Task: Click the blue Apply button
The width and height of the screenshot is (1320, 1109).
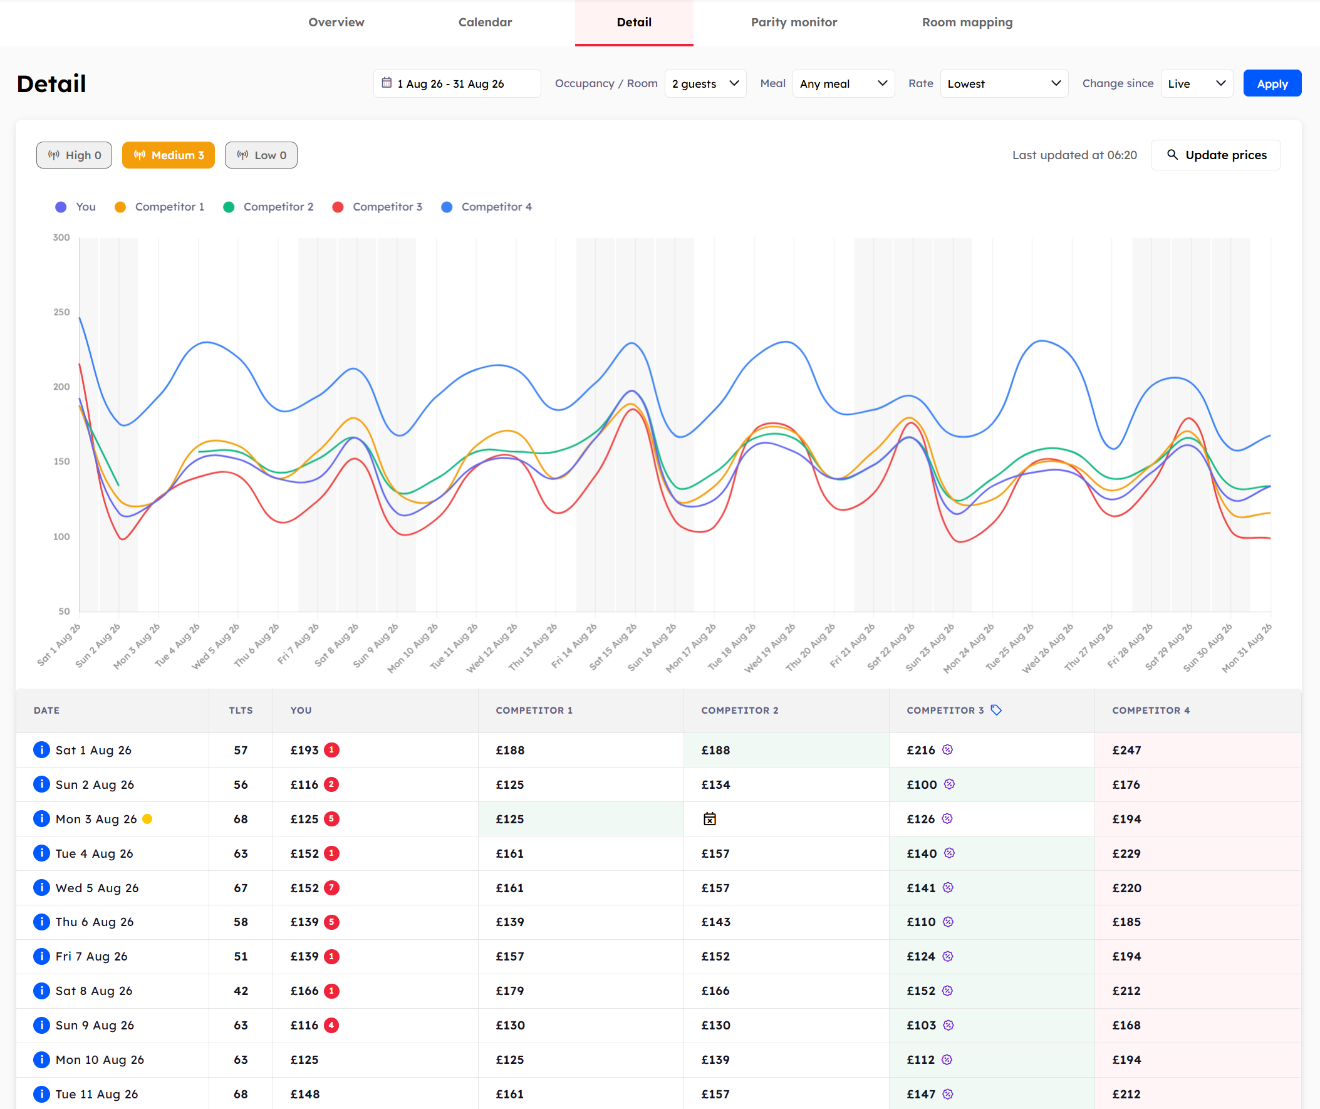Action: coord(1272,83)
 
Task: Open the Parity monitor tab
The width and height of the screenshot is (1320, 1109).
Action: coord(793,22)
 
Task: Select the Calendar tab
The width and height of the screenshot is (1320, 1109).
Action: coord(485,22)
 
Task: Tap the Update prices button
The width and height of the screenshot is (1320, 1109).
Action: coord(1215,155)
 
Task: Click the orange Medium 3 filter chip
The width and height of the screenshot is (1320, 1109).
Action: coord(169,155)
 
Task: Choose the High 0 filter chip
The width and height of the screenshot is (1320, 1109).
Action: coord(74,155)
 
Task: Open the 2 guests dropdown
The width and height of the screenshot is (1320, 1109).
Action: coord(705,83)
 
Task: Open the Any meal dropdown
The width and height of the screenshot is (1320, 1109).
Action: coord(843,83)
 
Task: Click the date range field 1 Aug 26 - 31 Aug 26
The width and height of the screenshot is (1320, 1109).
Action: coord(457,83)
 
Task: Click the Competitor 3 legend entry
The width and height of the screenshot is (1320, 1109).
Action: coord(377,207)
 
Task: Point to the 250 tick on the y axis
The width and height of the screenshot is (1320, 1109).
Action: coord(61,312)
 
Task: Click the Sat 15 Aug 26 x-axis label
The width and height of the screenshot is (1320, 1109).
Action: coord(613,646)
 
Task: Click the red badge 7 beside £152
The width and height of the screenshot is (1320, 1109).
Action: coord(331,888)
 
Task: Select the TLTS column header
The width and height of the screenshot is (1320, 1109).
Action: coord(241,711)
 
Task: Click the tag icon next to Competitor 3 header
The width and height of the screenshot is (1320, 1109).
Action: coord(996,710)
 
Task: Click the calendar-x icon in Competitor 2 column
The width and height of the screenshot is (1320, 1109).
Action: coord(710,818)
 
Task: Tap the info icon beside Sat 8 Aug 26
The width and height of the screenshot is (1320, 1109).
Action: coord(41,991)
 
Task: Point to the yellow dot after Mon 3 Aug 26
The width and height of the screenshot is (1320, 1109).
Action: coord(147,818)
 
